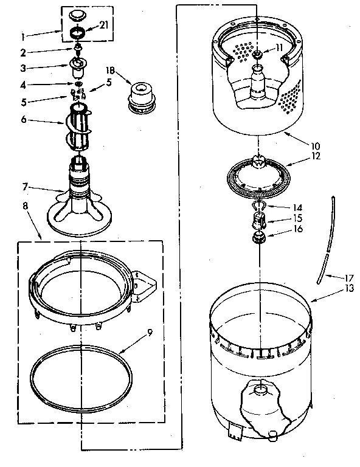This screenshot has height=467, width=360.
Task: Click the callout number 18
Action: coord(111,71)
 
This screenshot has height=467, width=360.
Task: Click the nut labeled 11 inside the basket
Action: coord(258,56)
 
